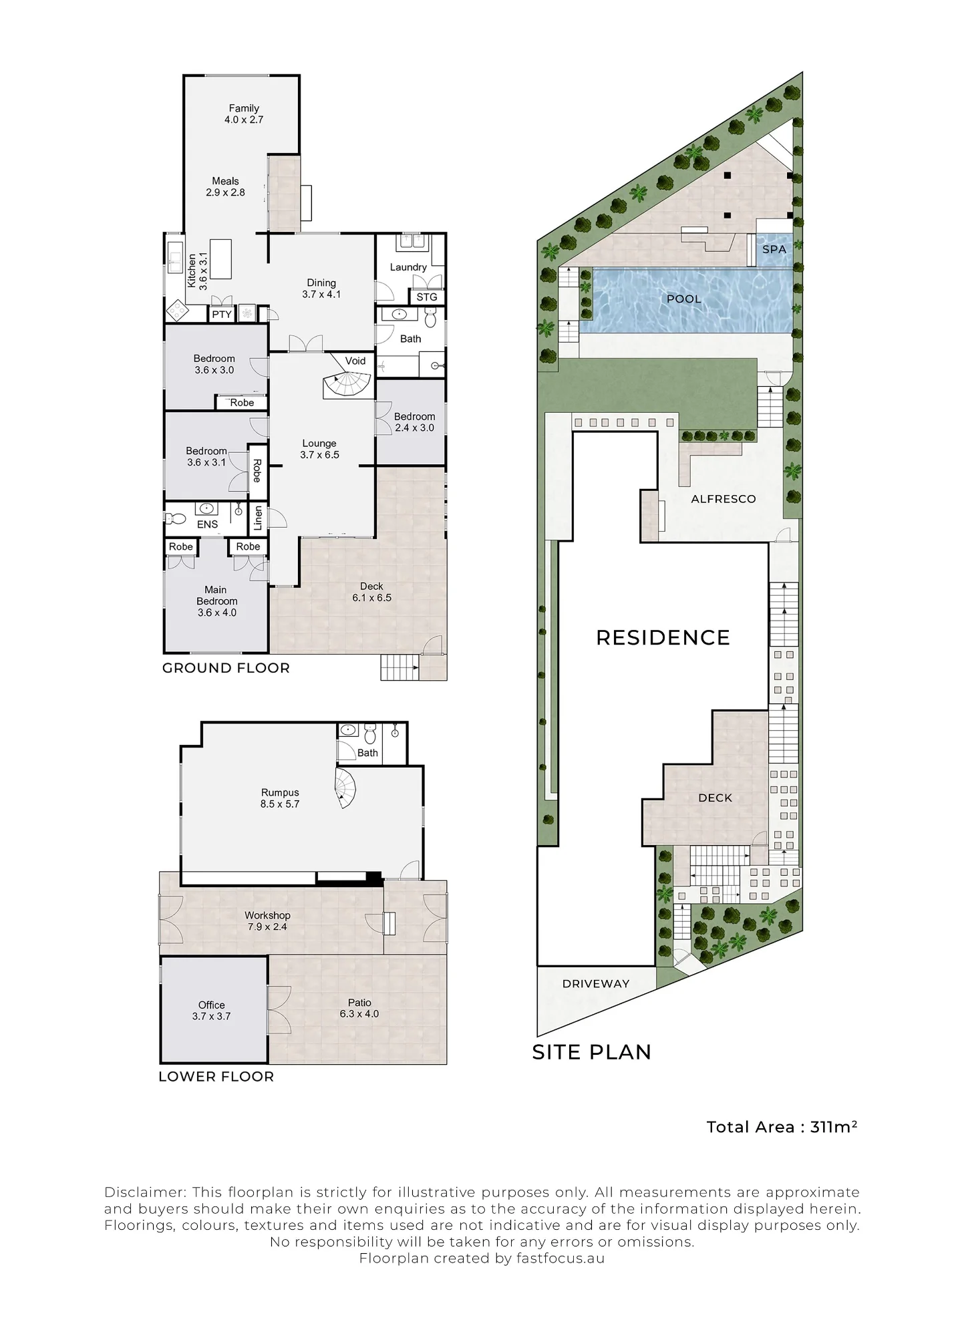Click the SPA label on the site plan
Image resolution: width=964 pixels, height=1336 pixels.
tap(774, 249)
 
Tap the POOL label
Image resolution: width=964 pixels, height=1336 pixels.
tap(684, 299)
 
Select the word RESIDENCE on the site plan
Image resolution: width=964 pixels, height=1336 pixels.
tap(663, 637)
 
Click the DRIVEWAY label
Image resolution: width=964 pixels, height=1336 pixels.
tap(596, 983)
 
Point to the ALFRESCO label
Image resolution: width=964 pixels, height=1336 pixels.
tap(724, 499)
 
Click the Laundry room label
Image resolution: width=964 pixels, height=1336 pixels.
tap(408, 267)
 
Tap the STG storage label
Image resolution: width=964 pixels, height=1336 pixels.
tap(427, 297)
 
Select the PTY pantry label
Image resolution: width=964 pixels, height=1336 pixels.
tap(222, 314)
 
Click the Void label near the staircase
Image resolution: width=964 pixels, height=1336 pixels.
tap(355, 361)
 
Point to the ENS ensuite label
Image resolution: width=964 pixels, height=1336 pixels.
tap(207, 524)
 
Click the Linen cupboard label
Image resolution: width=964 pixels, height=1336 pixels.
tap(259, 518)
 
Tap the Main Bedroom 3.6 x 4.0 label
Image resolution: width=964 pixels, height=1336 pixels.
tap(216, 601)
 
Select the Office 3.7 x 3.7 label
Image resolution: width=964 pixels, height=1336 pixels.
tap(211, 1011)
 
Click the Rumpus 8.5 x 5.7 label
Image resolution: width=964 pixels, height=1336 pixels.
tap(280, 798)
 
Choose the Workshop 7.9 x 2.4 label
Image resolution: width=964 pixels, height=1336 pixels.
tap(267, 921)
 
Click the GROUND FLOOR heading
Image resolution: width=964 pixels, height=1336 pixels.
tap(226, 668)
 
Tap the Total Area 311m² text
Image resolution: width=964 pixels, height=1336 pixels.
tap(782, 1127)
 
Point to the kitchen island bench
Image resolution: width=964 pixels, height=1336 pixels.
tap(220, 259)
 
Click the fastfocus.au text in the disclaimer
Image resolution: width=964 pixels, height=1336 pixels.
tap(560, 1259)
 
